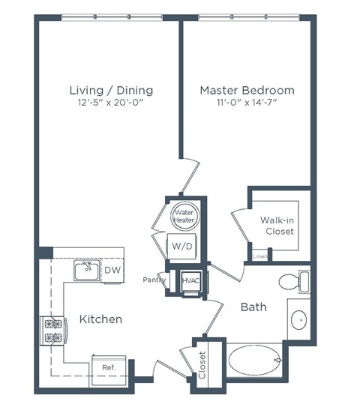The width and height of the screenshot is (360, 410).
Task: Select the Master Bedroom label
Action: click(247, 91)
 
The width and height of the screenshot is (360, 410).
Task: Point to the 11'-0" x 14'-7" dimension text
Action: click(247, 103)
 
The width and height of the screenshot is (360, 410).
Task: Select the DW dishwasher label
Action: click(111, 270)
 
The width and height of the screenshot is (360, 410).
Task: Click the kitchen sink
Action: click(87, 269)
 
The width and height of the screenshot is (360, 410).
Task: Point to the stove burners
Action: click(52, 330)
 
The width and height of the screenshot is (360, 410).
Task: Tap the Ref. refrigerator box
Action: click(109, 367)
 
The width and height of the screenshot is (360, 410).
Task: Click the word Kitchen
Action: click(100, 319)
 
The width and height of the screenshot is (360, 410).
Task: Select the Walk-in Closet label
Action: click(277, 226)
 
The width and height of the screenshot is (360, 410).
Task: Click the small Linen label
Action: click(260, 257)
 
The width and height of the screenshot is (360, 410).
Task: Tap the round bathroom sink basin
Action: click(298, 320)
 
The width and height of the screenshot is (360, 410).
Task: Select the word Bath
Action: click(253, 307)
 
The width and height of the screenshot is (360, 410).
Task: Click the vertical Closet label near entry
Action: click(202, 365)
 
